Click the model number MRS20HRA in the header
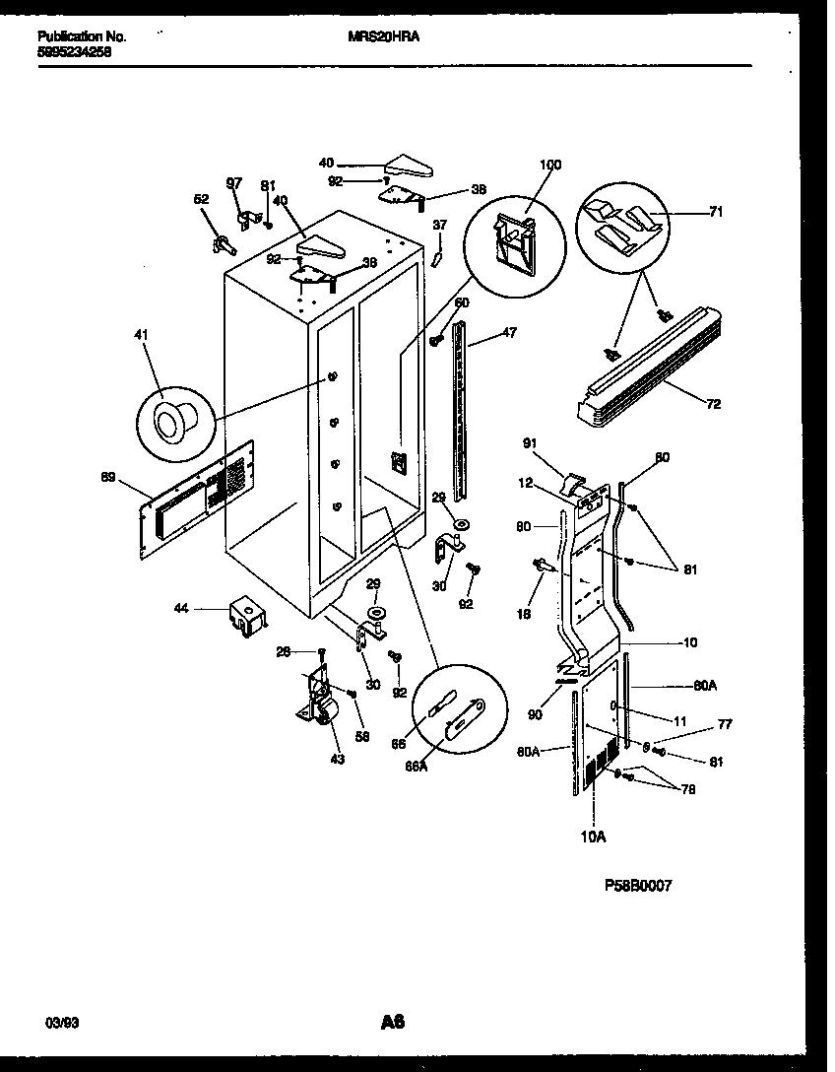click(384, 37)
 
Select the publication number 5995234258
click(74, 53)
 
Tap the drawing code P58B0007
click(638, 886)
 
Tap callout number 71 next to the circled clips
click(715, 212)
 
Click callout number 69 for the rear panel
click(108, 478)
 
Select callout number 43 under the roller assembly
click(339, 759)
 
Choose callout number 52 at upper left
click(201, 200)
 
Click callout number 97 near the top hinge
click(233, 183)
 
